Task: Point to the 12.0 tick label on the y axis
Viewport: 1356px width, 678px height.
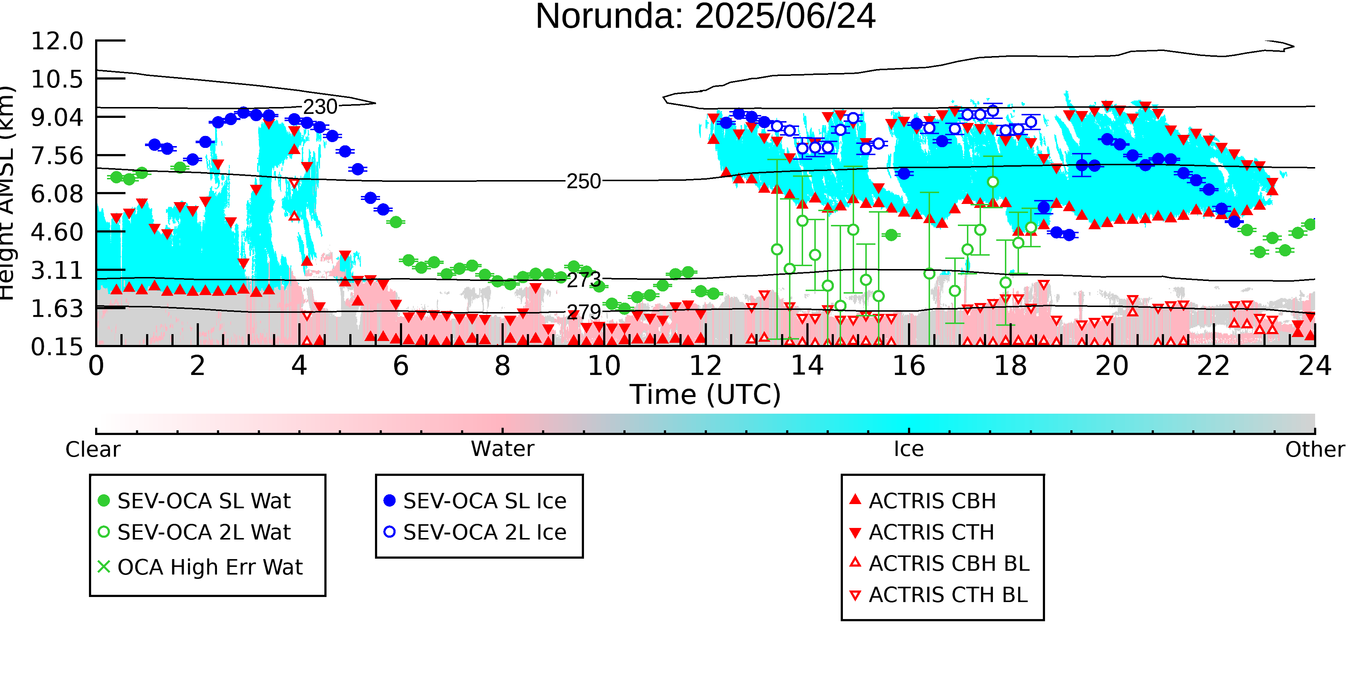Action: tap(57, 41)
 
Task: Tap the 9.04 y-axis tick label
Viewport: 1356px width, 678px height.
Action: tap(57, 117)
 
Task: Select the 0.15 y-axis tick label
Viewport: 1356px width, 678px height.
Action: tap(57, 347)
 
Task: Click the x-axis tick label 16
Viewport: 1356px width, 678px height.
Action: tap(909, 366)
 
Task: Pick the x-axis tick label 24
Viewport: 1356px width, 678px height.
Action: tap(1315, 366)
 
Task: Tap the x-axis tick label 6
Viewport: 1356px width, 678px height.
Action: tap(401, 366)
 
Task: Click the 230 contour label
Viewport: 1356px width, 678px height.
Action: tap(320, 107)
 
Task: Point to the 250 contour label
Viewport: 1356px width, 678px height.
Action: tap(583, 182)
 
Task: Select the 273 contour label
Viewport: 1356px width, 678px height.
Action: tap(584, 280)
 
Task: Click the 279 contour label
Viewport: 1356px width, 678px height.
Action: tap(584, 312)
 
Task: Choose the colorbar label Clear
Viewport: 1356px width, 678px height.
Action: tap(93, 449)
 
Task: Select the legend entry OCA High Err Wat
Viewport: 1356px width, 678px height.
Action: tap(200, 567)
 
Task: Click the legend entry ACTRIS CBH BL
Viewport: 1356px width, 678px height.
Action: tap(940, 563)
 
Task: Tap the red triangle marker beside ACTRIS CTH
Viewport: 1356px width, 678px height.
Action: tap(856, 533)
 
